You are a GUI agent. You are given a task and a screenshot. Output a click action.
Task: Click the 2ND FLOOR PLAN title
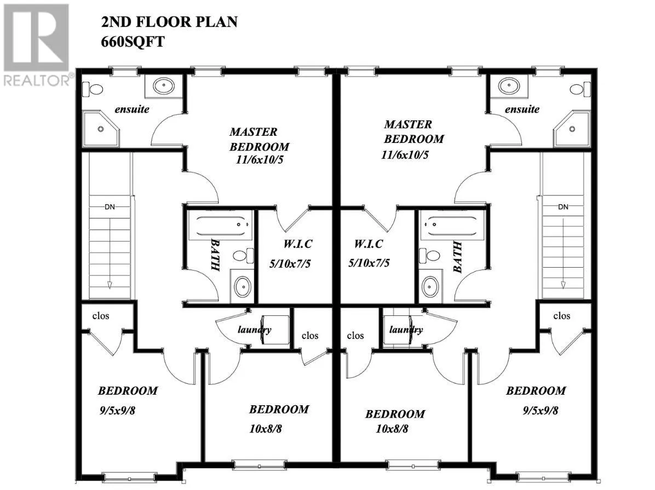(169, 22)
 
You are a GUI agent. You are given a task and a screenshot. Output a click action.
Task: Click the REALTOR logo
(36, 44)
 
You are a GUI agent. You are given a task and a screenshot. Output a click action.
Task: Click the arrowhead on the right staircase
(563, 285)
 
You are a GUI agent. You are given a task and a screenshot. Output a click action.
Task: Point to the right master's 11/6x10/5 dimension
(405, 154)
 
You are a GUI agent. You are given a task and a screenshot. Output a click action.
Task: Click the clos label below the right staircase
(561, 315)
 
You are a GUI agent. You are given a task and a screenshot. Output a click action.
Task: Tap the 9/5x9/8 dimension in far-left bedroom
(117, 410)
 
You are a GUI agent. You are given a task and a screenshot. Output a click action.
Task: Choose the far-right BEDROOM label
(535, 391)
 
